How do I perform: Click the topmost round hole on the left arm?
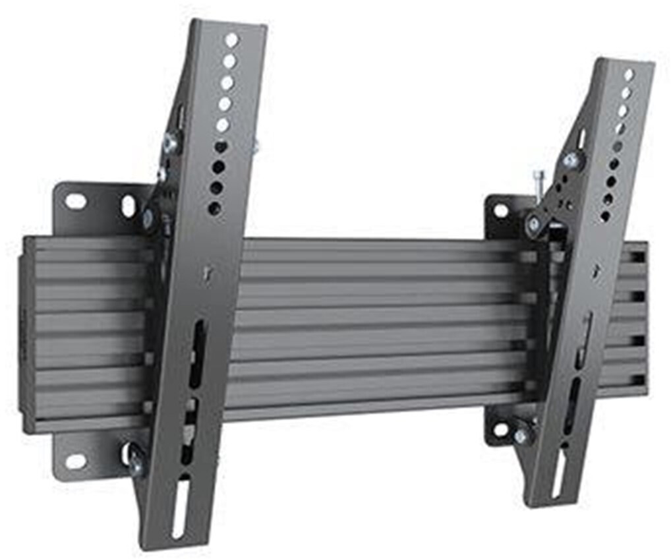(x=231, y=40)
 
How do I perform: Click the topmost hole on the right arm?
(x=629, y=74)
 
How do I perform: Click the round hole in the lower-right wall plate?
(x=500, y=429)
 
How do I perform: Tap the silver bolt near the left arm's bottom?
(x=136, y=463)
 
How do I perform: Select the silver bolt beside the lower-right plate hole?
(x=521, y=436)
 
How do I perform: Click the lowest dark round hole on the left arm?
(x=214, y=208)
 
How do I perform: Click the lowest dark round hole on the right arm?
(x=604, y=216)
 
